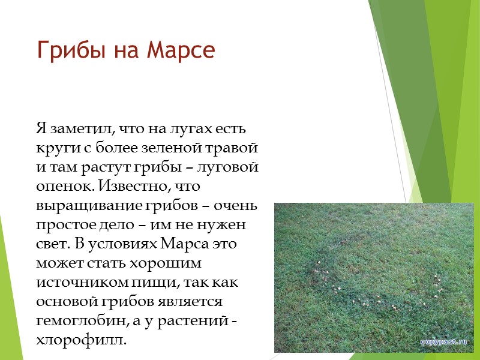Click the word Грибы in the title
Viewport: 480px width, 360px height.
pyautogui.click(x=64, y=50)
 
